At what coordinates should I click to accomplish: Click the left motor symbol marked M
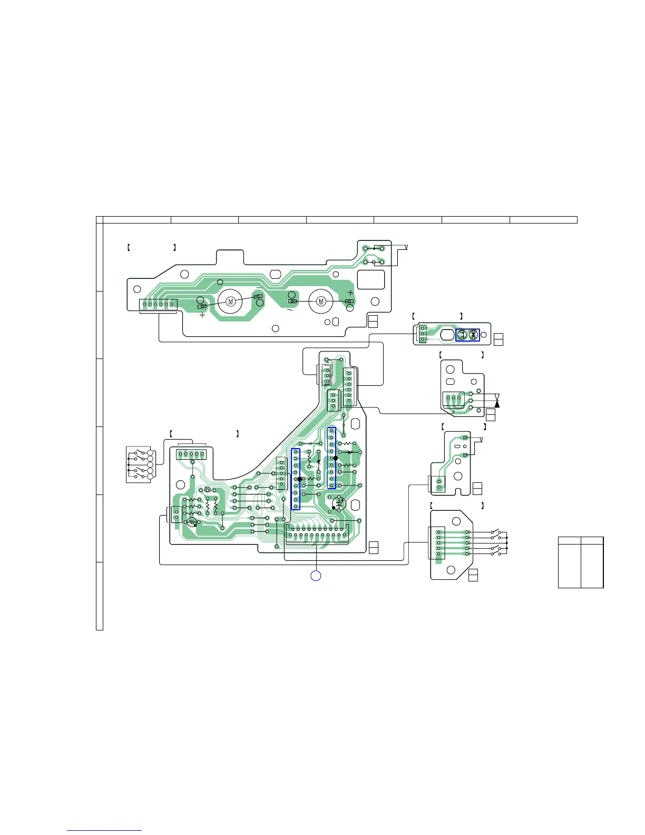(230, 301)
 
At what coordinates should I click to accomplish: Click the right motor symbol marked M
(321, 301)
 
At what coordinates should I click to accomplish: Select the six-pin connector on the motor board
(158, 304)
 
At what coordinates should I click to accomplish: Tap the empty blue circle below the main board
(315, 576)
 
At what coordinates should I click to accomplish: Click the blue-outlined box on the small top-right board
(467, 335)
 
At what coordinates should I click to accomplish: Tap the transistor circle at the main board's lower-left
(192, 522)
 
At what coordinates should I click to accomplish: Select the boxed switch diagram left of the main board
(139, 464)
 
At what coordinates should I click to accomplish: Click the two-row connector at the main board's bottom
(317, 533)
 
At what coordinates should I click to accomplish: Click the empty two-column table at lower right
(580, 562)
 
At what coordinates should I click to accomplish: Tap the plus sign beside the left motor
(202, 316)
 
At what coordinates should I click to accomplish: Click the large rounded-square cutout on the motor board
(371, 279)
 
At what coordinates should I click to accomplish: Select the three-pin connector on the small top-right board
(423, 334)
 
